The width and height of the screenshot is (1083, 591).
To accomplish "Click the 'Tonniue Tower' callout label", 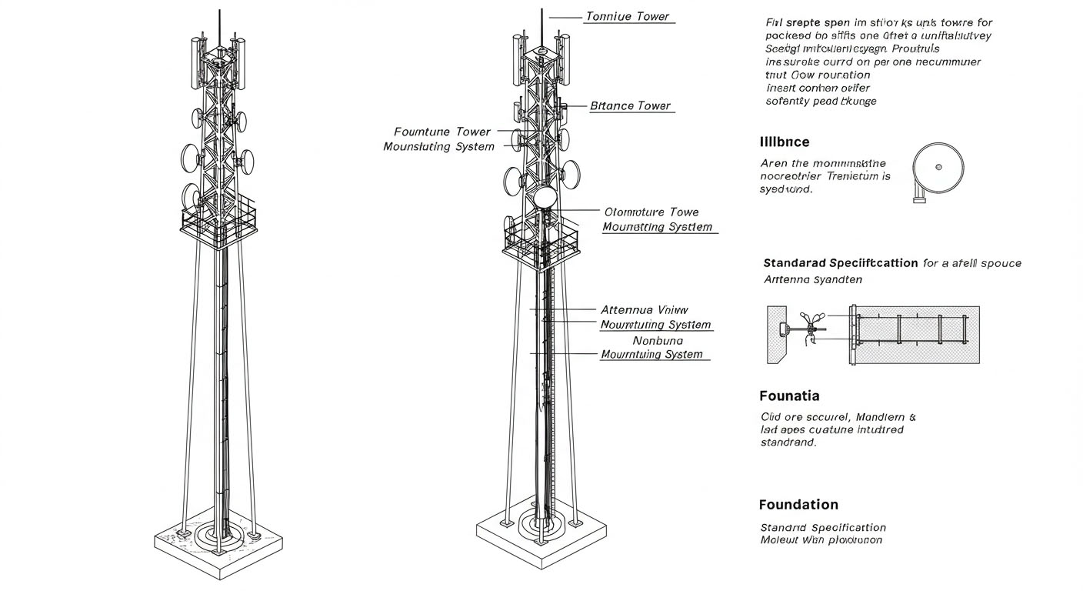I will [627, 16].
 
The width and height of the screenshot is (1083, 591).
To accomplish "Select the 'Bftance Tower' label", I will [630, 105].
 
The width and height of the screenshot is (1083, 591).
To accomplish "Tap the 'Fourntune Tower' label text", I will [442, 132].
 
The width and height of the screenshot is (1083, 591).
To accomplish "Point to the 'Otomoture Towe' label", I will [651, 212].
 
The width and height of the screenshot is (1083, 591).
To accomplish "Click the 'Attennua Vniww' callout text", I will [644, 309].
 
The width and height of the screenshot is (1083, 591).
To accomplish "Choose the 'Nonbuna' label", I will [658, 340].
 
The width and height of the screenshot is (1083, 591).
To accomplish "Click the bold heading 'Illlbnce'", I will [784, 142].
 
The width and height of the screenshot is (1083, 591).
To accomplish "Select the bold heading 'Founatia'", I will [788, 396].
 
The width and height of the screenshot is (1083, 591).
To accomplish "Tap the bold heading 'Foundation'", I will [798, 505].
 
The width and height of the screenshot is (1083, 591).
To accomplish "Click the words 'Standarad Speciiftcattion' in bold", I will [840, 263].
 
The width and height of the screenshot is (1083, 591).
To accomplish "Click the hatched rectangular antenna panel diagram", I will [915, 335].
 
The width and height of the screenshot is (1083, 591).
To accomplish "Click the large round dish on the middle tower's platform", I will [545, 198].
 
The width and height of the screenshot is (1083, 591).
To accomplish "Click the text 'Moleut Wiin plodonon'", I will [821, 540].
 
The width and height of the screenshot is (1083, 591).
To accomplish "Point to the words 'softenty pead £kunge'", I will [821, 101].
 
